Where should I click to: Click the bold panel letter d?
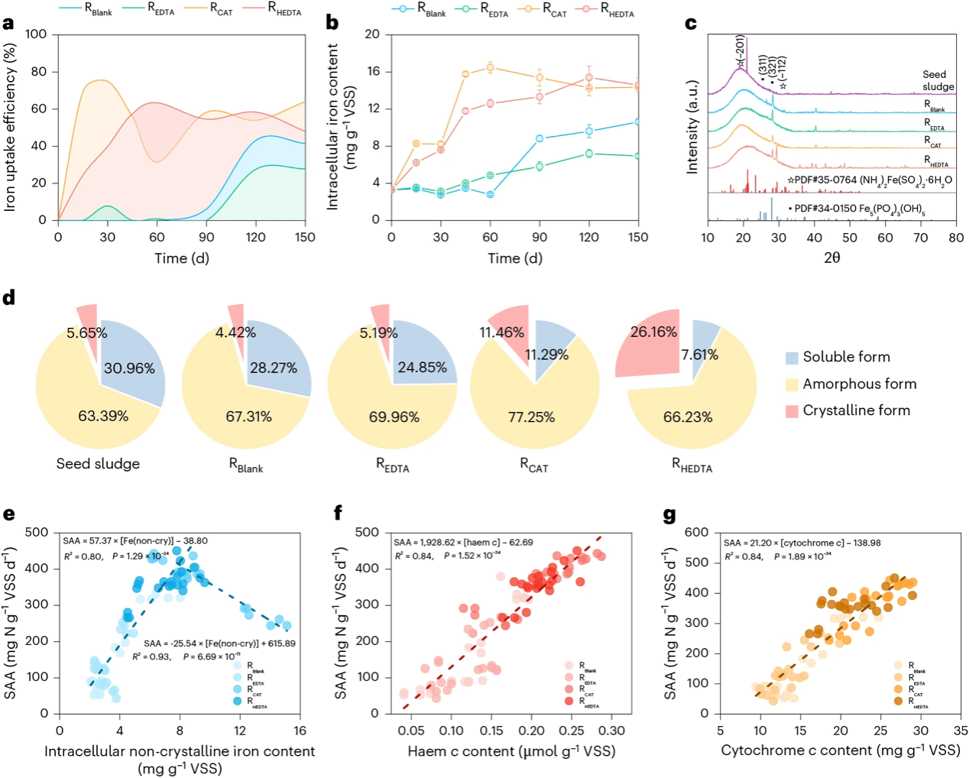click(x=9, y=297)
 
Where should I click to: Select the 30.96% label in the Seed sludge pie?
click(x=129, y=368)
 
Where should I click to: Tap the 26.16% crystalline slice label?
click(x=653, y=332)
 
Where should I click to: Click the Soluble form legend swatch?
click(x=792, y=358)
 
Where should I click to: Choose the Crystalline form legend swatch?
click(x=792, y=411)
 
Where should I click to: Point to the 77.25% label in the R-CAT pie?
click(x=531, y=417)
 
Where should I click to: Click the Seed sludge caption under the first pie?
click(x=98, y=464)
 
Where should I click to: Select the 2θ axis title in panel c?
click(x=832, y=258)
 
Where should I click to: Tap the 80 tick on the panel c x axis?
click(x=956, y=238)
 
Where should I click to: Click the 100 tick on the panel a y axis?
click(x=36, y=34)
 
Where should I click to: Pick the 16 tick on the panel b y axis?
click(x=372, y=71)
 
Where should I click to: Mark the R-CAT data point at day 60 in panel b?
click(x=491, y=67)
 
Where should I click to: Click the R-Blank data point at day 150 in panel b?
click(x=638, y=122)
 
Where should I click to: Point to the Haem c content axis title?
click(x=511, y=751)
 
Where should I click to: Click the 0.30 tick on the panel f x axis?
click(x=613, y=731)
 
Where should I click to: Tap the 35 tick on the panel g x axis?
click(x=961, y=731)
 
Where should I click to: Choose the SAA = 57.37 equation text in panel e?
click(x=134, y=541)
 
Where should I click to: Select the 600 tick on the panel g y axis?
click(x=697, y=532)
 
